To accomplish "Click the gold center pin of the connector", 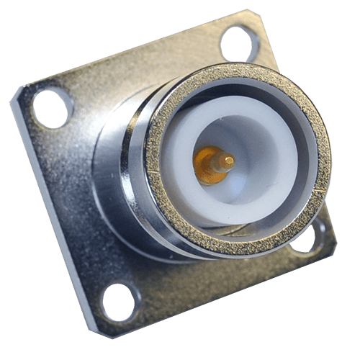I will tap(216, 163).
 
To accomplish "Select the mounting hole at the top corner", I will tap(237, 42).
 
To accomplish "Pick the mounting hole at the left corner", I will tap(53, 107).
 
